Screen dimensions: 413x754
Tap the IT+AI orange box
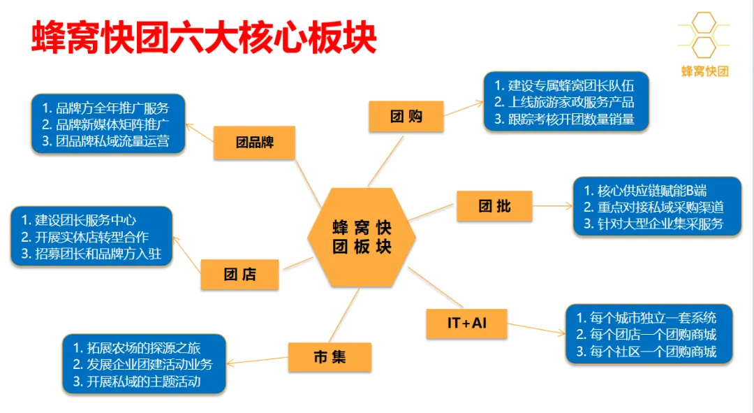pyautogui.click(x=466, y=324)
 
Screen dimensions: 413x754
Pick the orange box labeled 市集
pyautogui.click(x=330, y=357)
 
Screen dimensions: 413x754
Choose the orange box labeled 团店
pyautogui.click(x=239, y=274)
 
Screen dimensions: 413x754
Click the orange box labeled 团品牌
pyautogui.click(x=254, y=143)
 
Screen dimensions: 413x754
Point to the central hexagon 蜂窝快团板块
pyautogui.click(x=362, y=237)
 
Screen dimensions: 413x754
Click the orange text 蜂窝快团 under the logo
pyautogui.click(x=704, y=71)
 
